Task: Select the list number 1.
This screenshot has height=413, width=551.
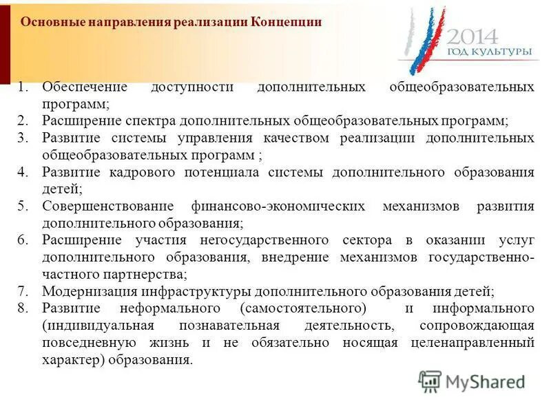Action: click(x=23, y=87)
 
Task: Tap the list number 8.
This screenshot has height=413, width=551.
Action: click(x=23, y=307)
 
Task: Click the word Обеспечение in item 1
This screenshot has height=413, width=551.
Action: click(x=85, y=87)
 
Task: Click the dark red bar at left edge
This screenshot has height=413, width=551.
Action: click(x=5, y=41)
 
